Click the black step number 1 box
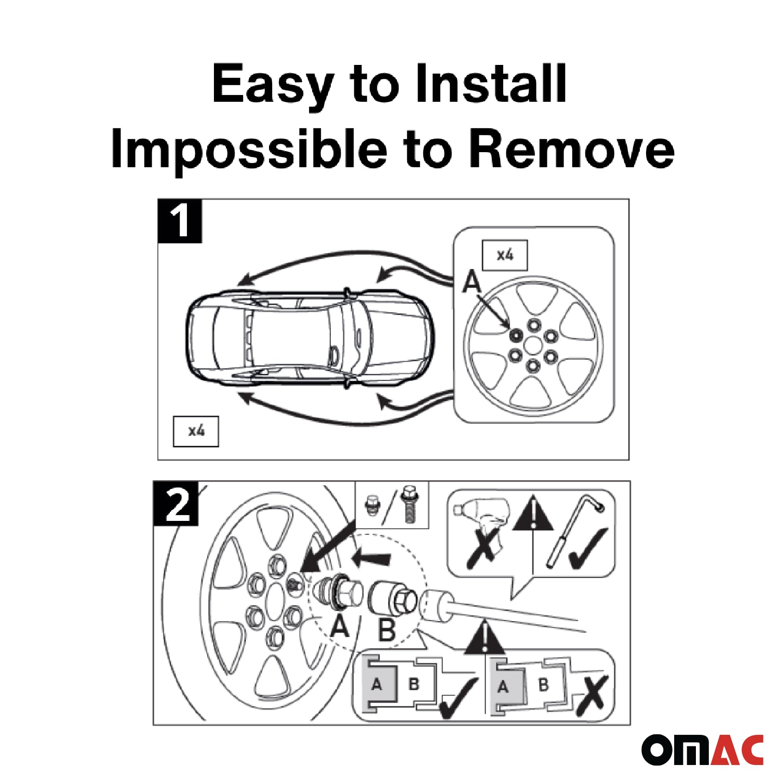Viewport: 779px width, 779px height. (180, 221)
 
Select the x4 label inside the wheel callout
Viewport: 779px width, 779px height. (505, 255)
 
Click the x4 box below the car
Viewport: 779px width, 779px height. (196, 431)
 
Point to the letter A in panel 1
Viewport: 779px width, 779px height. (472, 282)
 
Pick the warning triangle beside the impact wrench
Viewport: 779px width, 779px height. (533, 514)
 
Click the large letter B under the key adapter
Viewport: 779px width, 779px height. (387, 629)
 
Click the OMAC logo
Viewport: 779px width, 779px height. (702, 749)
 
